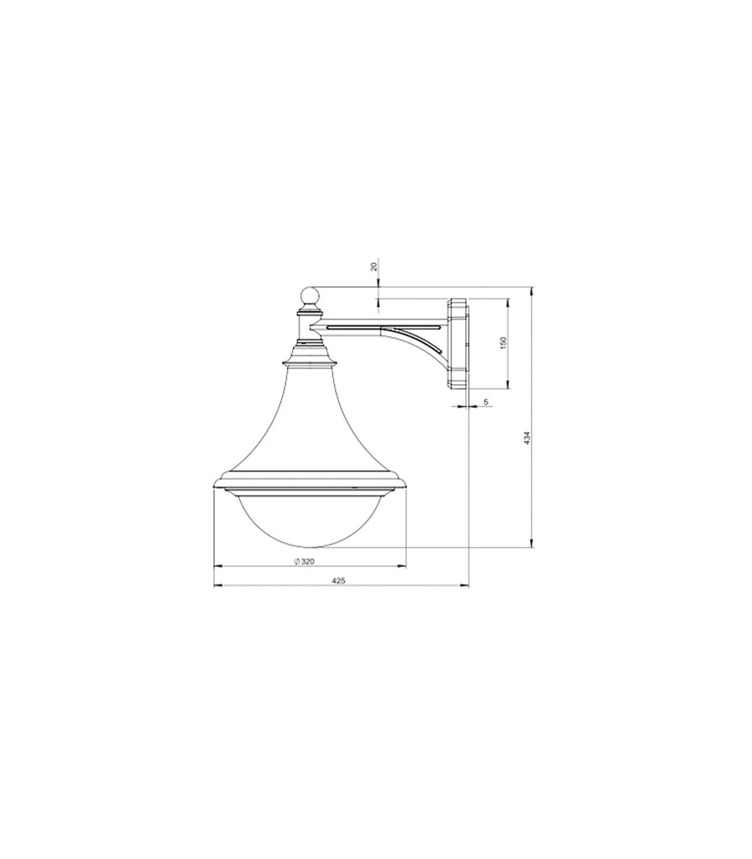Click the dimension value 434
[526, 437]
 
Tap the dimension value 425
[339, 580]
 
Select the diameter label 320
[307, 561]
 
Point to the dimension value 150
[504, 342]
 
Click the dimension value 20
[374, 267]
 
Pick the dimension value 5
[486, 402]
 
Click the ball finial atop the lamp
[310, 296]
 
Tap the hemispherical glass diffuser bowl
[310, 519]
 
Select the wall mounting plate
[458, 343]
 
